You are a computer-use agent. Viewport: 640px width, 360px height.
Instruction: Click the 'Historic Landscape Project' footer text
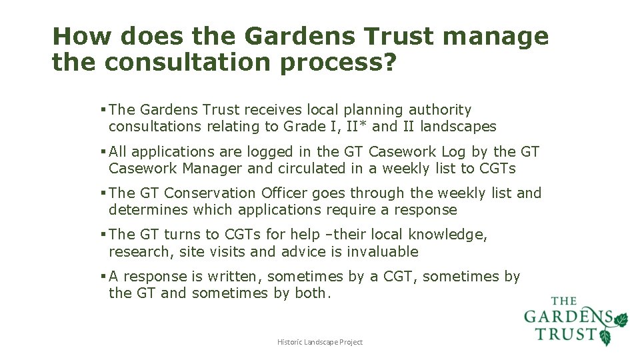click(x=320, y=342)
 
